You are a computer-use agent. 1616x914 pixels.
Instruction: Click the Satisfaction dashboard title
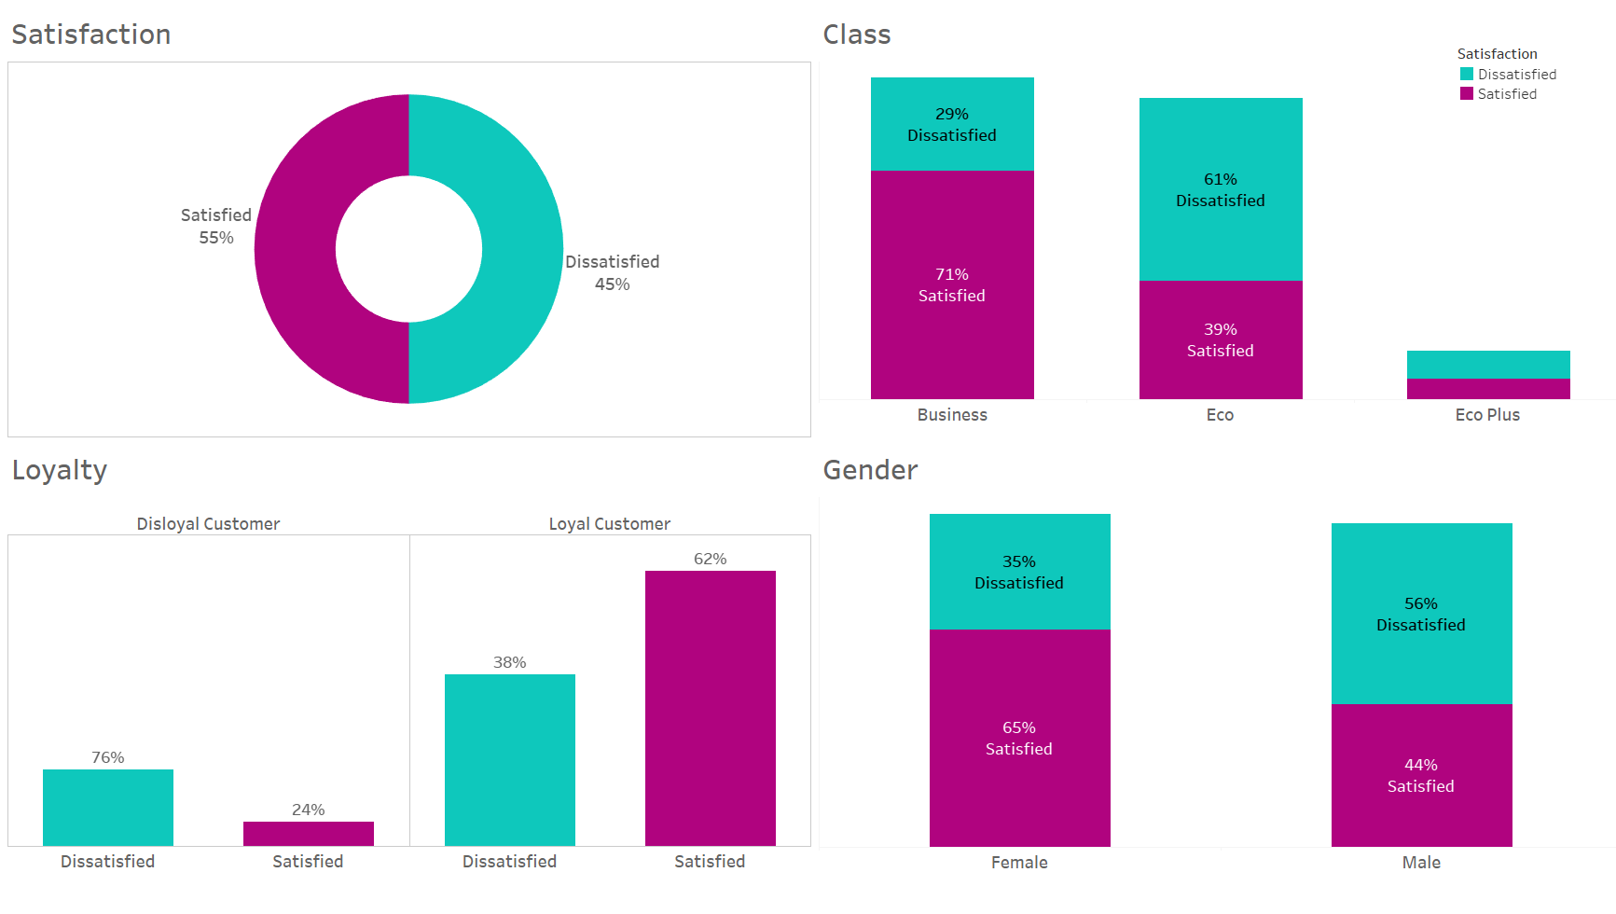point(91,35)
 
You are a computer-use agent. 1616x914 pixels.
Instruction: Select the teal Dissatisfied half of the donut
point(522,248)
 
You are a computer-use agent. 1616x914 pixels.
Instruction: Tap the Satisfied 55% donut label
point(215,227)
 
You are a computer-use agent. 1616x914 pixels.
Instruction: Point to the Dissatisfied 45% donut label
point(612,272)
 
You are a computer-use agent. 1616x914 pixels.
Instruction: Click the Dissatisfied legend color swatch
point(1466,75)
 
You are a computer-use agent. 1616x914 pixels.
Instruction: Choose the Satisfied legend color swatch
point(1466,94)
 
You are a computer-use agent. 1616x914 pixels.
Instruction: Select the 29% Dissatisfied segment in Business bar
point(952,124)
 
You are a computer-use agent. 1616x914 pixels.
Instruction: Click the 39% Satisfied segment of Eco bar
point(1220,340)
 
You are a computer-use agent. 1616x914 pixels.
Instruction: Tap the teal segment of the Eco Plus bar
point(1487,364)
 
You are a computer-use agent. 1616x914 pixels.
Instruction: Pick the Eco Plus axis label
point(1487,415)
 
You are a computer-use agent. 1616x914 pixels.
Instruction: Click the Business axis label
point(952,415)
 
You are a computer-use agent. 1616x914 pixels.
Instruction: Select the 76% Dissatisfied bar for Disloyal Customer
point(108,808)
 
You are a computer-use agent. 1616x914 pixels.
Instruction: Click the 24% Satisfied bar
point(308,834)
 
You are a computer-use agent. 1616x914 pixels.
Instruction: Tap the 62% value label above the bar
point(710,559)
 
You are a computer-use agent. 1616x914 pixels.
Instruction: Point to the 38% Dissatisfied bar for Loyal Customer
point(509,760)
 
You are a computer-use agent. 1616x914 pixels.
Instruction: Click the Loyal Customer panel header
point(609,524)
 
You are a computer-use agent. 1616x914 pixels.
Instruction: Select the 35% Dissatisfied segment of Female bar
point(1019,572)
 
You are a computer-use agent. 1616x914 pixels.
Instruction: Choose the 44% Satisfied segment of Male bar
point(1421,775)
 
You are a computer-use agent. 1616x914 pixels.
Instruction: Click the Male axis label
point(1421,863)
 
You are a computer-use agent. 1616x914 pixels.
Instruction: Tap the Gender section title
point(870,470)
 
